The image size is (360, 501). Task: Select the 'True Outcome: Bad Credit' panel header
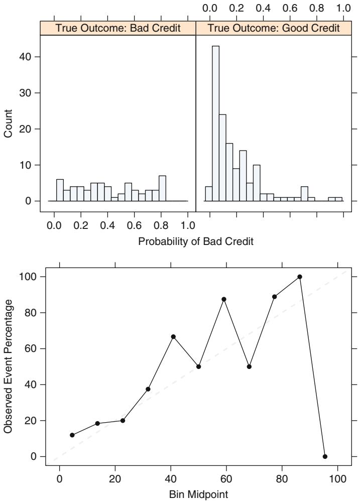point(117,29)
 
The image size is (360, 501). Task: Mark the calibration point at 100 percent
point(300,277)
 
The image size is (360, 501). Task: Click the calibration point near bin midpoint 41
point(173,336)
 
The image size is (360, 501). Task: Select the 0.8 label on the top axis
point(317,9)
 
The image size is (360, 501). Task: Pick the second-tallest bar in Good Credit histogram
point(222,158)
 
